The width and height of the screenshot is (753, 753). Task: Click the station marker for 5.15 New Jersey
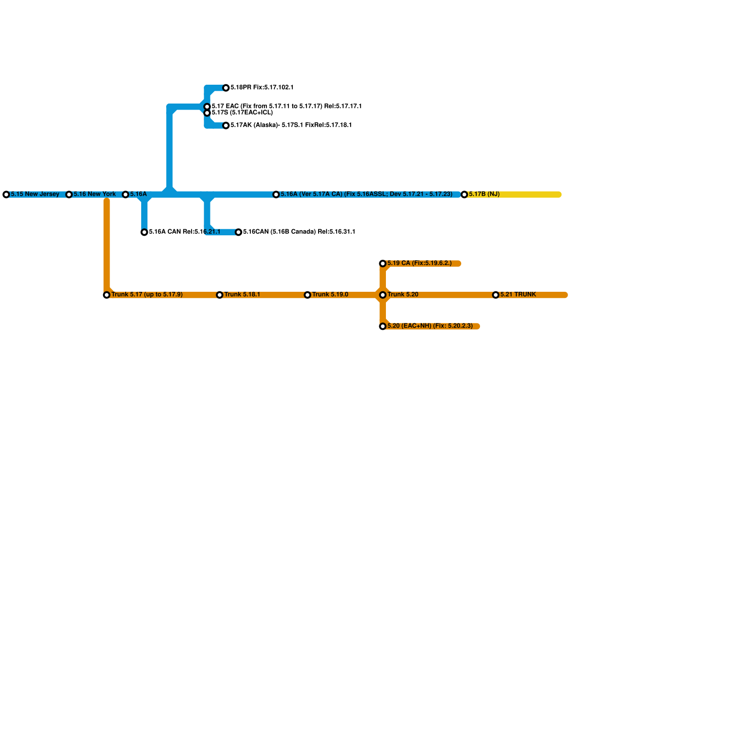click(6, 194)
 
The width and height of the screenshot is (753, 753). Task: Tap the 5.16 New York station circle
click(69, 194)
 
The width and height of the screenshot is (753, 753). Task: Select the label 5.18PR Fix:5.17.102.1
click(262, 88)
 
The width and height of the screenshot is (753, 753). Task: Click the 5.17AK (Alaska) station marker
click(226, 125)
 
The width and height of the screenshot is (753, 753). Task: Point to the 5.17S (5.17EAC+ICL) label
click(242, 113)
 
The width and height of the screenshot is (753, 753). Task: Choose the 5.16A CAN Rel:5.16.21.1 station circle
click(144, 232)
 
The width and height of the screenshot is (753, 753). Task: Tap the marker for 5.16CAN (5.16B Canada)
click(239, 232)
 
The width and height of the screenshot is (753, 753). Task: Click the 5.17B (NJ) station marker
click(465, 194)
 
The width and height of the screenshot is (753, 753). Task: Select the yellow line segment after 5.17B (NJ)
click(532, 194)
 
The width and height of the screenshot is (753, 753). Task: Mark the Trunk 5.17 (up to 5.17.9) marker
click(107, 295)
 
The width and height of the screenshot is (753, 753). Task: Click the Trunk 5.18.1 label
click(242, 295)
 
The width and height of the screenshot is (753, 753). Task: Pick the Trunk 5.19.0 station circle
click(308, 295)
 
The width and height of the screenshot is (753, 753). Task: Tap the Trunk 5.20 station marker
click(383, 295)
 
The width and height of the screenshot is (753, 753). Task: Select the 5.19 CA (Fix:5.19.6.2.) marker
click(383, 264)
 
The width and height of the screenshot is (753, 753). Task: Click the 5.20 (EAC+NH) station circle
click(383, 326)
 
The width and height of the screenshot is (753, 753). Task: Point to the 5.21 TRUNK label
click(518, 295)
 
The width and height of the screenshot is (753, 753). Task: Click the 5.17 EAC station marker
click(207, 107)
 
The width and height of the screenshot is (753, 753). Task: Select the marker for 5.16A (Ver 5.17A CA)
click(276, 194)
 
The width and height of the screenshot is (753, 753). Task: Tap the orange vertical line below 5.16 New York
click(107, 245)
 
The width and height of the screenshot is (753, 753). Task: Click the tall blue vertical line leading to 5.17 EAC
click(169, 151)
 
